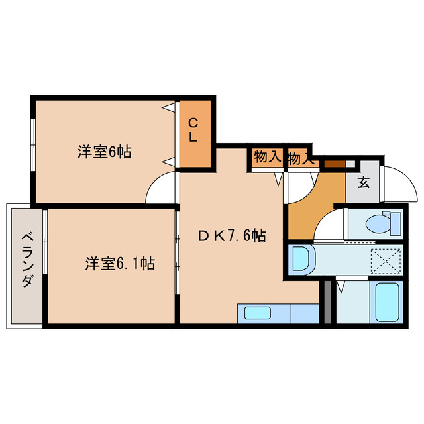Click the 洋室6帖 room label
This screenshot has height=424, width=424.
(104, 152)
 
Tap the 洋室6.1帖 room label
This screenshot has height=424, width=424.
(119, 263)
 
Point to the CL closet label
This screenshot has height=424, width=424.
(193, 130)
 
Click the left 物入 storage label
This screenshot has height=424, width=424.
(266, 157)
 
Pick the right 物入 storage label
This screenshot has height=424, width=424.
(299, 158)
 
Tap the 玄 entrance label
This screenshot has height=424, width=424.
(364, 182)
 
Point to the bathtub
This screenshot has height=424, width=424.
(387, 301)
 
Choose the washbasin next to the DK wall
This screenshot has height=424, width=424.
(301, 258)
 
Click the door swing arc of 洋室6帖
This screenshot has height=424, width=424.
(161, 189)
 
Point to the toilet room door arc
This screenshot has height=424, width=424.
(329, 226)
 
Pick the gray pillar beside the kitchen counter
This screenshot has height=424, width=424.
(326, 302)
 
